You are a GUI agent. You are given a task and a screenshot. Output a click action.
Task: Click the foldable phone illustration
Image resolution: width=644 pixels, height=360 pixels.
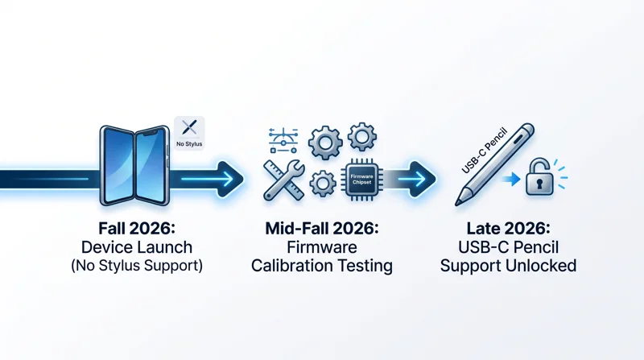coord(134,165)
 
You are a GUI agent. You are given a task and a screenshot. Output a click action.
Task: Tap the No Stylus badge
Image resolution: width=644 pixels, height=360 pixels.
coord(189,133)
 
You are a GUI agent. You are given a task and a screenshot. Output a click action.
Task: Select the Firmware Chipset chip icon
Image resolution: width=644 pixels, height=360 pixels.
coord(361,179)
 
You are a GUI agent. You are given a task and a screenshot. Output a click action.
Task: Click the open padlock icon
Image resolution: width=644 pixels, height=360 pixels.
coord(539,177)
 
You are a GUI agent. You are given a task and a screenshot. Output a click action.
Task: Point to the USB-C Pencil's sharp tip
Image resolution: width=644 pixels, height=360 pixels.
coord(456,204)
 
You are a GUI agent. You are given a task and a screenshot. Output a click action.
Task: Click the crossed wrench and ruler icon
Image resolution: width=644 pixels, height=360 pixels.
coord(284,180)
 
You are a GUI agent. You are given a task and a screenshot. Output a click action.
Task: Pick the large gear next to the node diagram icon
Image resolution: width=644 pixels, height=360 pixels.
coord(325,143)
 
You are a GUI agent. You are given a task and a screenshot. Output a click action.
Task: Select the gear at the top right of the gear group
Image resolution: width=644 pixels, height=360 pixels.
coord(361,136)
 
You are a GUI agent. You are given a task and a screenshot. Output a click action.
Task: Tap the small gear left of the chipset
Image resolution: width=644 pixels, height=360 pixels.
coord(323,184)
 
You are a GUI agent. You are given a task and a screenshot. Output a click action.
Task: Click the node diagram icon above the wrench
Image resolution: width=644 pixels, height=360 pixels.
coord(283,140)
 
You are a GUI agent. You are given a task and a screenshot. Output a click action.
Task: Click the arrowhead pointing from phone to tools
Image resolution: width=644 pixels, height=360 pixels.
coord(229,179)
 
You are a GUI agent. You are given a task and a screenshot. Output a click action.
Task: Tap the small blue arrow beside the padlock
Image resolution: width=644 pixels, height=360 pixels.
coord(512,179)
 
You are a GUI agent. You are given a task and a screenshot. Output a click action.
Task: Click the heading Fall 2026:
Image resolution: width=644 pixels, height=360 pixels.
coord(137,228)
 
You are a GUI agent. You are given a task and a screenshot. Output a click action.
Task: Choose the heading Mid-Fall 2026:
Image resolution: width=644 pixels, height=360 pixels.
coord(322,228)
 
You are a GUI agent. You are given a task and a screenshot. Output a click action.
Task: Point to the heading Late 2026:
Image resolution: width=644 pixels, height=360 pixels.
coord(508,228)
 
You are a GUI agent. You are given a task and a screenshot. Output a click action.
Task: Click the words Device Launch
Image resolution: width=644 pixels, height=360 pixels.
coord(137,247)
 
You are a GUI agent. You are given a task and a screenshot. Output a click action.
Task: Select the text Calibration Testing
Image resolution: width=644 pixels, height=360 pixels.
coord(322,266)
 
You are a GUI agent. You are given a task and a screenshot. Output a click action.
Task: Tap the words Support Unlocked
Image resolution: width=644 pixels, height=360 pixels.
coord(508,266)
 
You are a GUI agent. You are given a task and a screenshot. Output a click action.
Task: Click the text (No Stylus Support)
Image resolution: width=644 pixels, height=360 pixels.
coord(137,266)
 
